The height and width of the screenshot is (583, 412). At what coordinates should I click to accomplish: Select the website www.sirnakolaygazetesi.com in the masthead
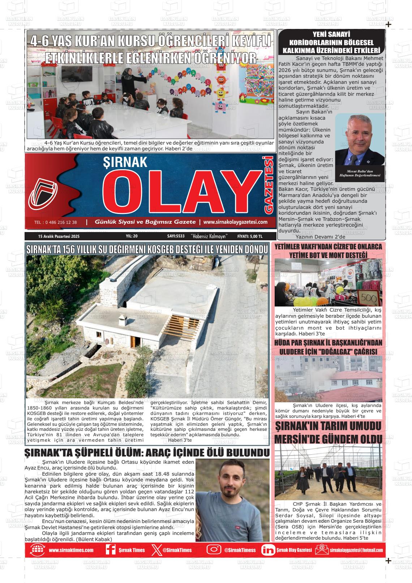click(235, 222)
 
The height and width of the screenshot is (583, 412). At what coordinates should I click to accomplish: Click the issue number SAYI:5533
click(176, 236)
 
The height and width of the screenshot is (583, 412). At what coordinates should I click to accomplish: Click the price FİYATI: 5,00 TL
click(250, 236)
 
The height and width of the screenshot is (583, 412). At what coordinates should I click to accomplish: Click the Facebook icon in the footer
click(110, 550)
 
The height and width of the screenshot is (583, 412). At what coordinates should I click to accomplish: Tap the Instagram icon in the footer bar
click(214, 550)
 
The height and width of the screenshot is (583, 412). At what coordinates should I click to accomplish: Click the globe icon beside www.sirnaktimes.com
click(37, 550)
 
